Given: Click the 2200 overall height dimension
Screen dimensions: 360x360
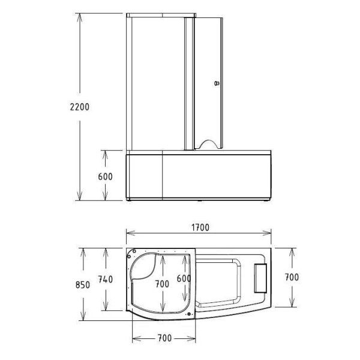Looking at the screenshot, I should pos(79,107).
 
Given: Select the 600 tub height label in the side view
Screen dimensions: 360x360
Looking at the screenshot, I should pos(104,177).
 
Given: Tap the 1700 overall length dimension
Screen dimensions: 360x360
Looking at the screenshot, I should pos(200,227).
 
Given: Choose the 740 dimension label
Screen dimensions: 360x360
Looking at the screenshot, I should pos(106,280).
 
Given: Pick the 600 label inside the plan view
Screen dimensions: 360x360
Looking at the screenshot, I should pos(184,279).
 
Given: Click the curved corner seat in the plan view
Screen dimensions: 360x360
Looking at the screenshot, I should pos(146,268).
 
